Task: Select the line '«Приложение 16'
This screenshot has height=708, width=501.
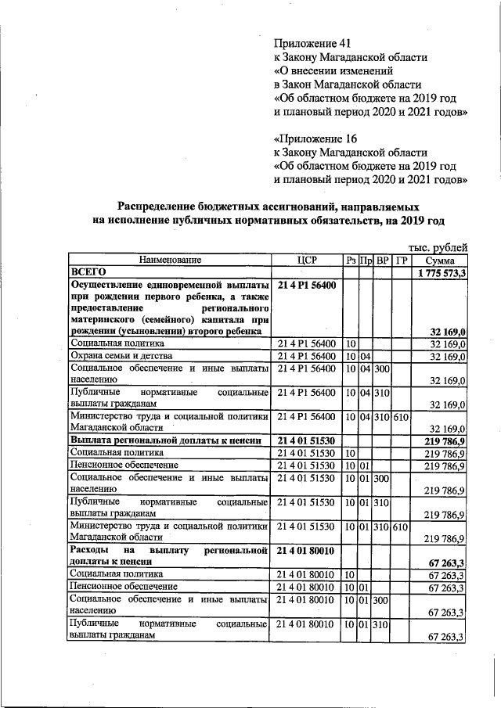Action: [x=313, y=138]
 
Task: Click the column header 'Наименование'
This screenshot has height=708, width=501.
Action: [x=170, y=260]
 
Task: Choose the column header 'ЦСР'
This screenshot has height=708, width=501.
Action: [x=306, y=260]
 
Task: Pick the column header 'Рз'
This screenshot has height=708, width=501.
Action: [x=351, y=260]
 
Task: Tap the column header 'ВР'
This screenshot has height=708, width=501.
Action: [x=382, y=260]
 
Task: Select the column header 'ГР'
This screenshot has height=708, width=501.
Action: [x=401, y=260]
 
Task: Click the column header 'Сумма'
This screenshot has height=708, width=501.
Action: [x=440, y=260]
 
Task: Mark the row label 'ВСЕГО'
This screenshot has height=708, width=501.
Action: [x=88, y=271]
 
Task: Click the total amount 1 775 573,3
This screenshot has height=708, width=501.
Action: [x=441, y=271]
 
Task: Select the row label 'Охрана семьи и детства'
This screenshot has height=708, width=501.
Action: [x=119, y=356]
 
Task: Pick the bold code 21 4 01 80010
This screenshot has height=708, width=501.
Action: [x=306, y=552]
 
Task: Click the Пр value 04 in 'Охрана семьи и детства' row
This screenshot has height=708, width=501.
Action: [x=366, y=356]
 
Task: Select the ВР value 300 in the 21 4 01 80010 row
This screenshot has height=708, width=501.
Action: [x=382, y=599]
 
